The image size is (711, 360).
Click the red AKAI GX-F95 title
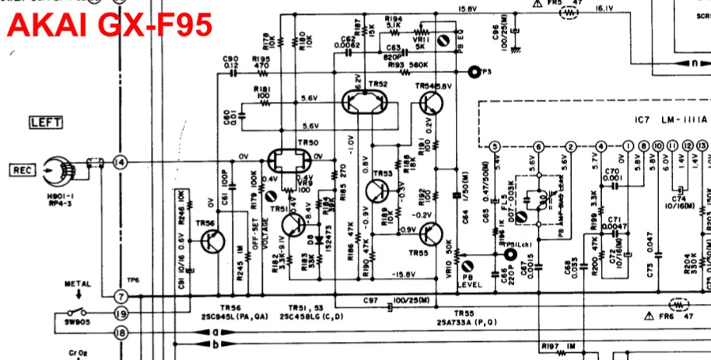(x=110, y=26)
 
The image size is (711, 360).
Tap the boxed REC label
(x=22, y=169)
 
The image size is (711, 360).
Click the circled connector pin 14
(x=120, y=162)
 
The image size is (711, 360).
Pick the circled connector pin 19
(x=120, y=314)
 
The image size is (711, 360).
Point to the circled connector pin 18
(x=120, y=332)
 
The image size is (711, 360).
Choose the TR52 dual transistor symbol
(x=366, y=101)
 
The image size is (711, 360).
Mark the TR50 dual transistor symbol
(x=290, y=162)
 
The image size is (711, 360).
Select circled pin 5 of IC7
(x=495, y=146)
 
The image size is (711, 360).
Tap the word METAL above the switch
(x=77, y=284)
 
